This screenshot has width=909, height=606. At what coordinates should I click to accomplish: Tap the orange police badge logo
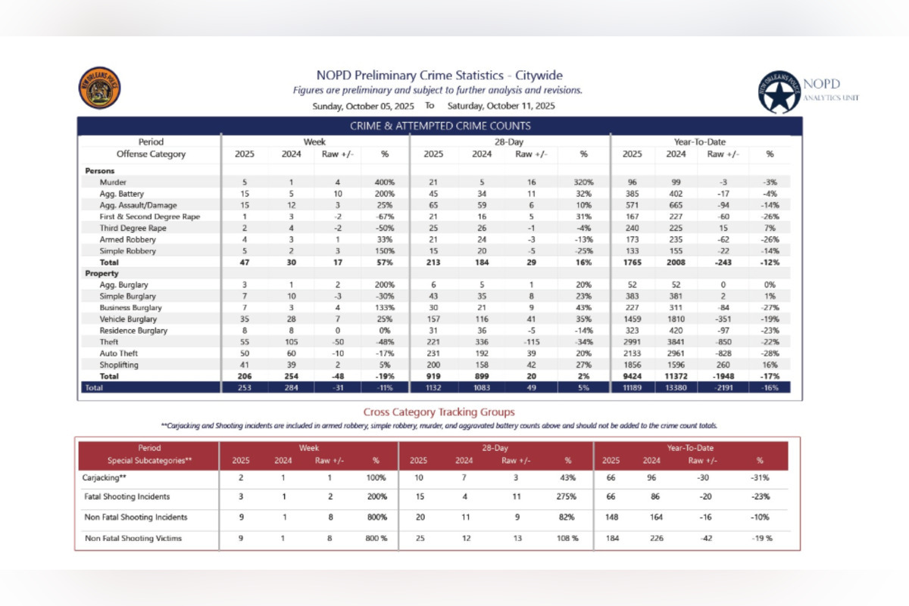[x=99, y=88]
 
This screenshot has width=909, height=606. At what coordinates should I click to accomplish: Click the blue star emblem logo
[x=778, y=92]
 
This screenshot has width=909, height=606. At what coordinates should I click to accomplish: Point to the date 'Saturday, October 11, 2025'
[x=501, y=106]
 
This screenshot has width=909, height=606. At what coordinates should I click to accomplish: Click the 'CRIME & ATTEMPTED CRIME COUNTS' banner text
[x=439, y=126]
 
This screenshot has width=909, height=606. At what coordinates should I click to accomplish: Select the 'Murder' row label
[x=114, y=182]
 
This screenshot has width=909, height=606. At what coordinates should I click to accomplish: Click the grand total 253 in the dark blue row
[x=245, y=387]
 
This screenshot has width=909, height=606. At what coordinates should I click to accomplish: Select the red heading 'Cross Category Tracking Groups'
[x=439, y=412]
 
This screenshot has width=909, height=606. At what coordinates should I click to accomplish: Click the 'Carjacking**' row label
[x=105, y=478]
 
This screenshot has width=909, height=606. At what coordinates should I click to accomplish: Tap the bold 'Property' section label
[x=102, y=273]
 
